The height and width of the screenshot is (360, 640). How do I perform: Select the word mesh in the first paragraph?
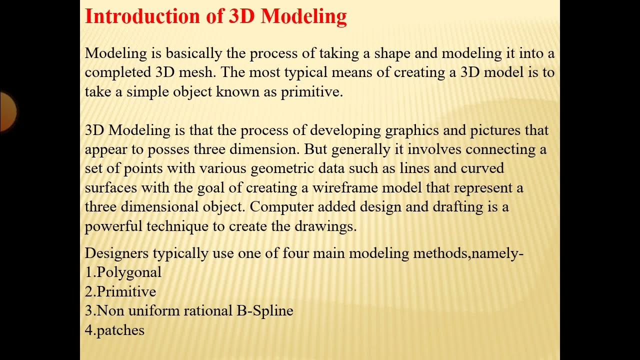point(199,72)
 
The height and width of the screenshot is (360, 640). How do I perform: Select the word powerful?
point(113,226)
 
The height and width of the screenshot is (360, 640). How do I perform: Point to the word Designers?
point(116,253)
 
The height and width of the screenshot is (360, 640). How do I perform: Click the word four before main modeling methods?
point(295,253)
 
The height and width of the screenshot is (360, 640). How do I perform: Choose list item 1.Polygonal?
point(123,272)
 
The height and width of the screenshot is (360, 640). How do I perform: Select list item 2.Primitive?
point(120,292)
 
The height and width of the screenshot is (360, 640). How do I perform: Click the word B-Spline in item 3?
point(265,311)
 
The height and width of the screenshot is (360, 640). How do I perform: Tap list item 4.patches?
point(115,330)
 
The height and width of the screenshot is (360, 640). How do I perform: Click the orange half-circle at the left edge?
point(7,111)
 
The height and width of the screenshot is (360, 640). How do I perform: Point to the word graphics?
point(411,130)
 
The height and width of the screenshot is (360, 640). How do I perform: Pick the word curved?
point(482,168)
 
